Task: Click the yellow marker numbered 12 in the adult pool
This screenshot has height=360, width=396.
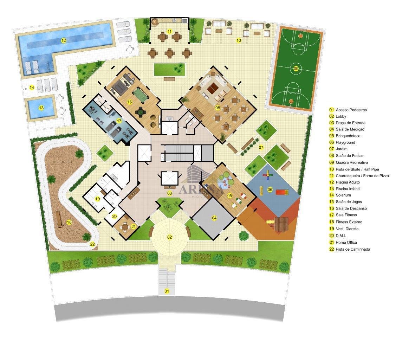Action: (x=63, y=40)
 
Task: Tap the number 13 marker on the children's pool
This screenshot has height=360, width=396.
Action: (x=41, y=108)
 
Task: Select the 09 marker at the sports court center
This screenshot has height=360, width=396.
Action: (x=296, y=69)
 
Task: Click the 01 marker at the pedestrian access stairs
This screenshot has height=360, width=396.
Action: (x=167, y=291)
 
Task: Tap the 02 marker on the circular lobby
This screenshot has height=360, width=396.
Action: (x=169, y=237)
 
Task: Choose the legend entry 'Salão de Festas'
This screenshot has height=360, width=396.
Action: (x=350, y=156)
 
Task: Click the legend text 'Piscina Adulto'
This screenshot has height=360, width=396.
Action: (x=348, y=182)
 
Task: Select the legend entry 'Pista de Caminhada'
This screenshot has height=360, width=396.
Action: (x=353, y=249)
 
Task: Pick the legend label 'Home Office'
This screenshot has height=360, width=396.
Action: (x=346, y=242)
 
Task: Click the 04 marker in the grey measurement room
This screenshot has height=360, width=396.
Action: (x=214, y=218)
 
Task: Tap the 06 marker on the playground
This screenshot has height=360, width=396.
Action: (x=270, y=189)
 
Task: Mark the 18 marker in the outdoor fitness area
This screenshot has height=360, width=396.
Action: (x=69, y=222)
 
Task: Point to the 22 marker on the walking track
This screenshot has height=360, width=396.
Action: (x=92, y=244)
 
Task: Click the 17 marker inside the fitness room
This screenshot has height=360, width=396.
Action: (x=119, y=121)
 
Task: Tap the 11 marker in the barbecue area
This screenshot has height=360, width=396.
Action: (x=169, y=31)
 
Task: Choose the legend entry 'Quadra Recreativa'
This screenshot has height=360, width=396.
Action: (x=351, y=162)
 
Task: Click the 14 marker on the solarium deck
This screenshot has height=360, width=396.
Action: (x=32, y=88)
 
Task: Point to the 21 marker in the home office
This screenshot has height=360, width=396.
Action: (x=134, y=227)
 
